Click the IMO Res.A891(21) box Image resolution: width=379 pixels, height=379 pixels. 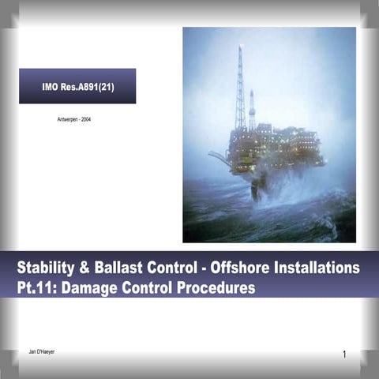pyautogui.click(x=77, y=85)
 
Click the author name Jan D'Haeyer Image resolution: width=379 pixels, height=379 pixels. pyautogui.click(x=41, y=349)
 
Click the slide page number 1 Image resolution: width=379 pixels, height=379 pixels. pyautogui.click(x=345, y=355)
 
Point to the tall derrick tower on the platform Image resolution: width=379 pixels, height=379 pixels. pyautogui.click(x=240, y=87)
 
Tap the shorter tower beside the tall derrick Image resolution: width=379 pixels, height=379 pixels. pyautogui.click(x=252, y=111)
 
